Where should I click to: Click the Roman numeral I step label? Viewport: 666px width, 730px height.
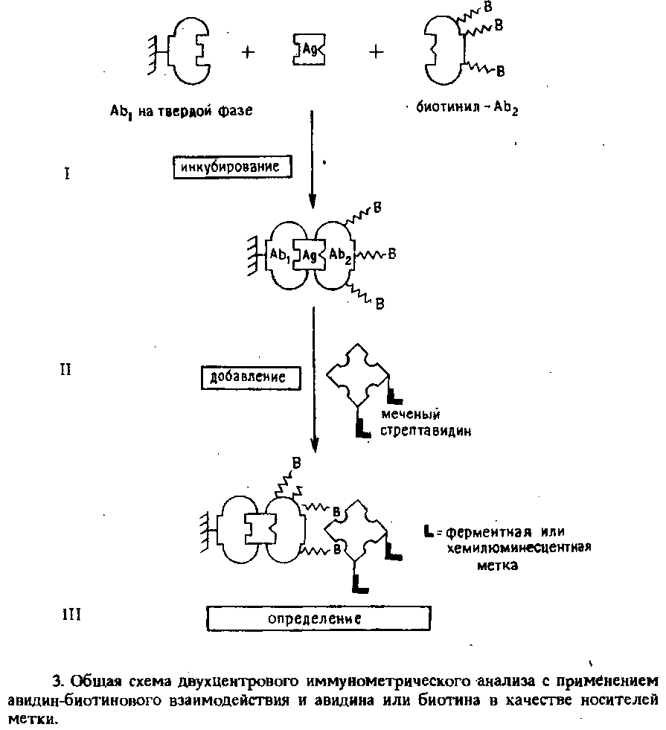(67, 174)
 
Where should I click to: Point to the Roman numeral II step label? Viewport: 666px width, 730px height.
(65, 370)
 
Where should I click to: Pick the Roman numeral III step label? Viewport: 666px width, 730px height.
(71, 615)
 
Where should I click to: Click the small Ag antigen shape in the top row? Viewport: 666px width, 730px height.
(309, 49)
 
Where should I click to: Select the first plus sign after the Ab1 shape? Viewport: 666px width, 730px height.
(248, 52)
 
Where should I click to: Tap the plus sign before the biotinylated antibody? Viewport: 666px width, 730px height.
(376, 51)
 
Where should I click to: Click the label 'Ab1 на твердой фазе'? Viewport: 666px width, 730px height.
(181, 112)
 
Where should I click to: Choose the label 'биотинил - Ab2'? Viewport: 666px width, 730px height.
(467, 109)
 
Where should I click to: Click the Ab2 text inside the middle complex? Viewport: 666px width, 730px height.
(340, 255)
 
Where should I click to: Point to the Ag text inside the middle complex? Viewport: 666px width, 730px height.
(310, 255)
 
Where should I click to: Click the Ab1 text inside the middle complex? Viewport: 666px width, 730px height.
(280, 255)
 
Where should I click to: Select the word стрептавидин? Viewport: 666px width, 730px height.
(426, 431)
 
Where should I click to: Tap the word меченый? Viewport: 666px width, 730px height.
(410, 414)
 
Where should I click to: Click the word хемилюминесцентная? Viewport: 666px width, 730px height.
(519, 548)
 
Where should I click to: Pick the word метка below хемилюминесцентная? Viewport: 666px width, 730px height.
(498, 566)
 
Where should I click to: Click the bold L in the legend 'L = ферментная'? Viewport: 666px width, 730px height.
(429, 531)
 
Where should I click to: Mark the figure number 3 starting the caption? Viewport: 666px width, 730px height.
(57, 681)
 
